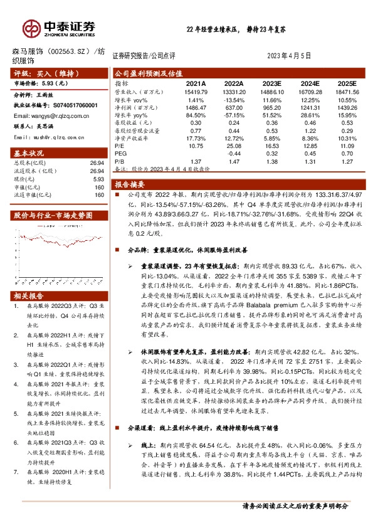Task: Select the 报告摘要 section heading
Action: pyautogui.click(x=130, y=185)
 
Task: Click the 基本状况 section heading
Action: pyautogui.click(x=29, y=153)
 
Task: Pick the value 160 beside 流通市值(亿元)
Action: pyautogui.click(x=98, y=195)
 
